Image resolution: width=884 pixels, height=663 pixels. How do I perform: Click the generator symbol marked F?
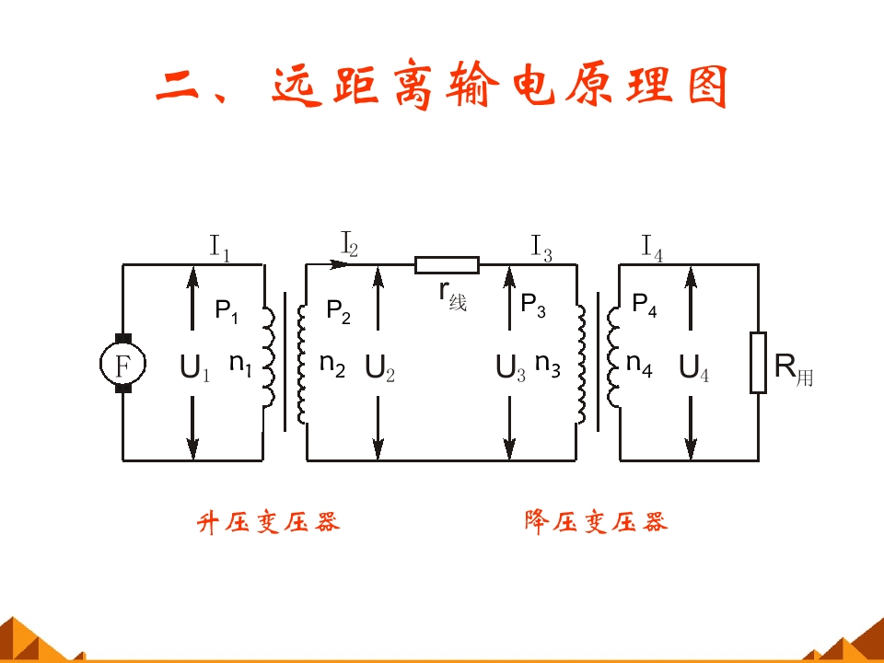click(x=122, y=364)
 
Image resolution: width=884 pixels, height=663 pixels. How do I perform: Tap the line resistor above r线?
click(x=448, y=265)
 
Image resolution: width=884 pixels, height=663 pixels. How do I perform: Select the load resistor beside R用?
click(x=758, y=363)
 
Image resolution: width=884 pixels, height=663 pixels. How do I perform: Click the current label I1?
click(x=219, y=247)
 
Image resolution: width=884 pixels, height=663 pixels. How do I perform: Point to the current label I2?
click(x=350, y=244)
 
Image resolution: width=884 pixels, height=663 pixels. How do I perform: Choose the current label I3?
click(x=541, y=247)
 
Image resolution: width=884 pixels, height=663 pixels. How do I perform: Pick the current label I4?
click(x=652, y=247)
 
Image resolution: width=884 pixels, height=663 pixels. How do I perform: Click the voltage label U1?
click(x=195, y=368)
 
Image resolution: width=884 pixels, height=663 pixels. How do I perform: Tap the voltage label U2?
click(x=379, y=368)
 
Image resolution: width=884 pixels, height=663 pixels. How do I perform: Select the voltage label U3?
click(x=510, y=368)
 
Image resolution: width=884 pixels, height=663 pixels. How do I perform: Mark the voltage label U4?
click(x=693, y=368)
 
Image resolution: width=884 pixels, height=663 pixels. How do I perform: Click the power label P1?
click(x=227, y=310)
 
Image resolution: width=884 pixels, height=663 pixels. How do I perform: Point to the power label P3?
click(x=533, y=305)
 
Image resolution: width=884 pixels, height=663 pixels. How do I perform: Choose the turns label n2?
click(x=331, y=365)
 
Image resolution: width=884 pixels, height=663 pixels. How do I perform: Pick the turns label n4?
click(x=639, y=365)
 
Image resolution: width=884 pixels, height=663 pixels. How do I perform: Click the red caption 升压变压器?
click(x=269, y=523)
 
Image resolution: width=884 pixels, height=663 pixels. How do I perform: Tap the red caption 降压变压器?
click(x=596, y=523)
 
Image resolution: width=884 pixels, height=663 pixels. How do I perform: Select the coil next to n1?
click(x=269, y=357)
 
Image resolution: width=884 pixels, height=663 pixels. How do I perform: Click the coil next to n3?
click(x=580, y=364)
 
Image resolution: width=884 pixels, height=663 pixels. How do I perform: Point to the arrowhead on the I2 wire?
click(x=343, y=264)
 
